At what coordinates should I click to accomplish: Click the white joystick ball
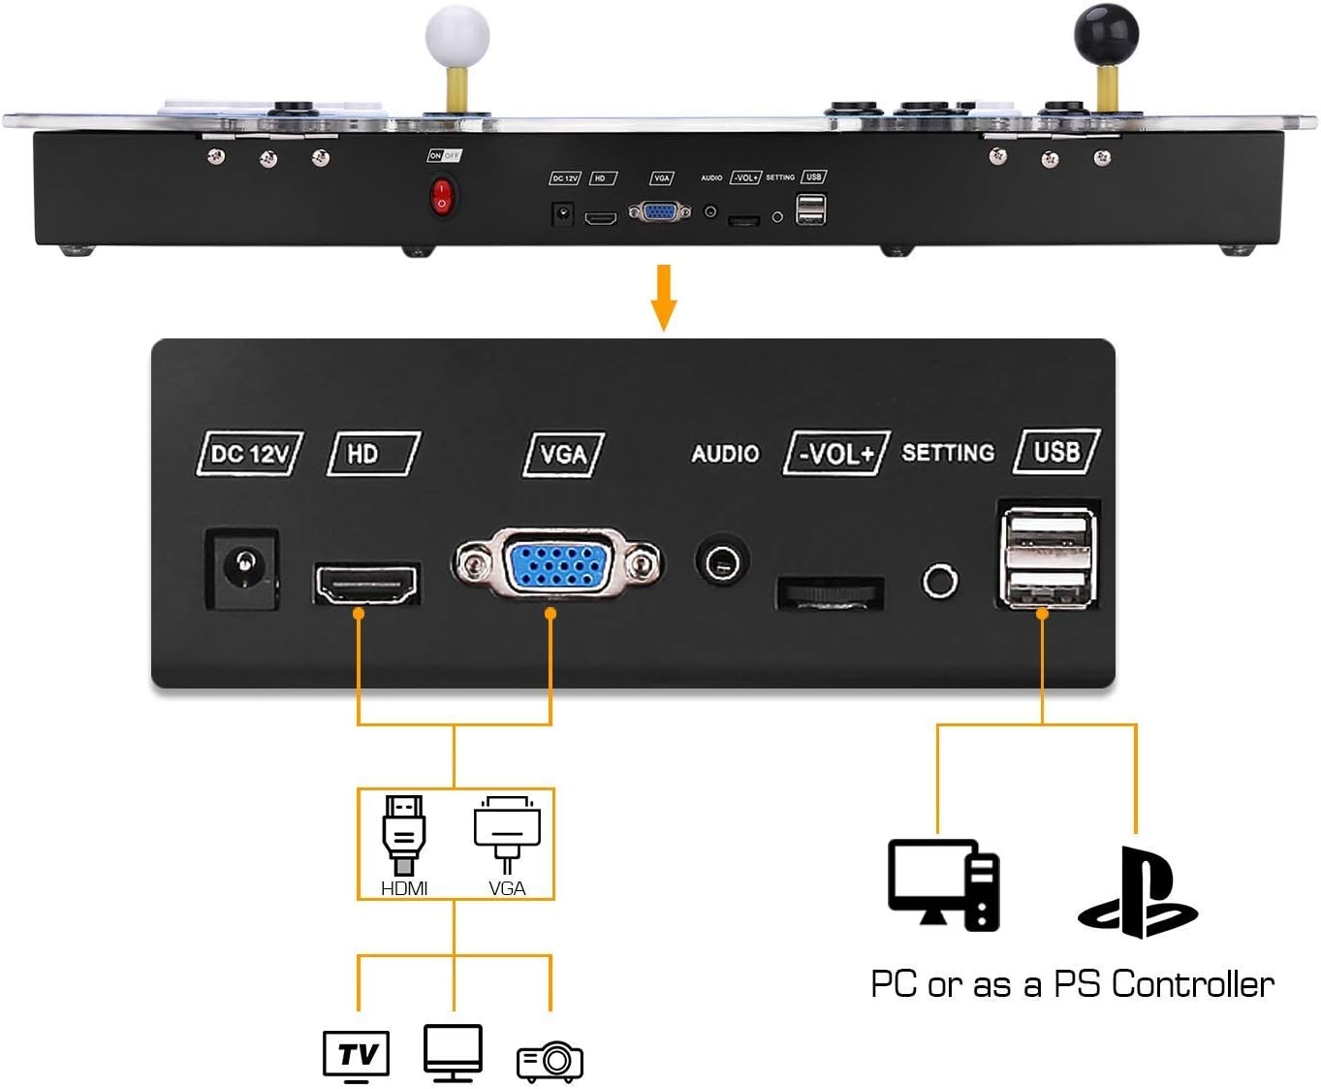[457, 36]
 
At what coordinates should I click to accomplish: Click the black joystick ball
[1106, 34]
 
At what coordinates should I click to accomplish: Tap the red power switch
[442, 196]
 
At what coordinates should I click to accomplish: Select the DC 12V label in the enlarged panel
[250, 453]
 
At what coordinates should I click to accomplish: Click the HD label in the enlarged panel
[373, 453]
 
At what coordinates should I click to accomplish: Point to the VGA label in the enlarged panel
[563, 454]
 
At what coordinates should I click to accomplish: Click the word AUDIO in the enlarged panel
[725, 453]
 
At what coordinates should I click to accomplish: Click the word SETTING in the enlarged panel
[948, 453]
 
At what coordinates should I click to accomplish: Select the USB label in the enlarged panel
[1055, 452]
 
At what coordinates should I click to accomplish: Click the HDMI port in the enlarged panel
[366, 584]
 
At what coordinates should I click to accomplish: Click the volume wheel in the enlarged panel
[830, 593]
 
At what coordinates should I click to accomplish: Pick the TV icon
[356, 1055]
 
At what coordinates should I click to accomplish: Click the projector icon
[550, 1062]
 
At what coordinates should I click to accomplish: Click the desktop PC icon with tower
[943, 884]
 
